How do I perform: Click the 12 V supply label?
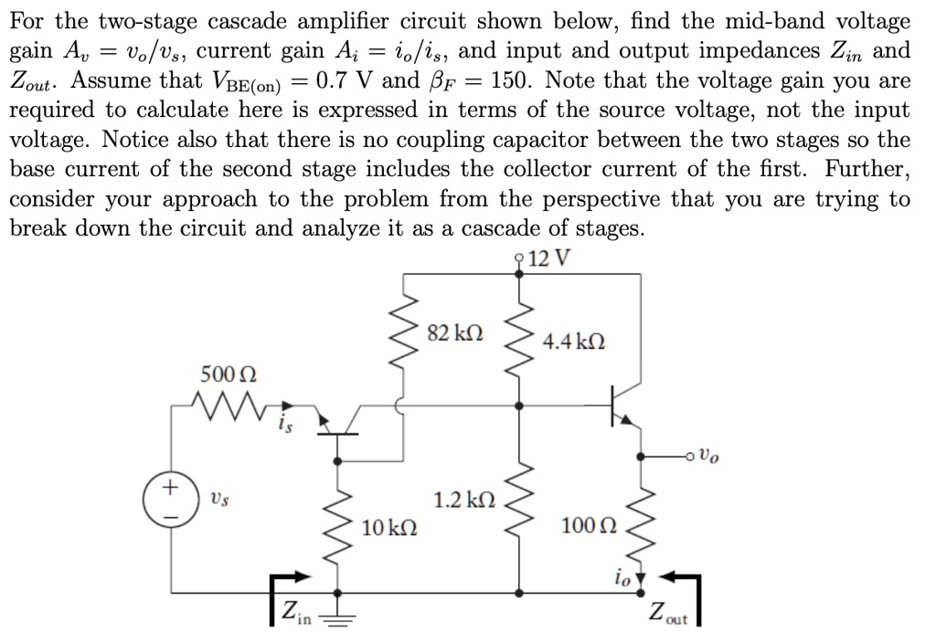tap(548, 258)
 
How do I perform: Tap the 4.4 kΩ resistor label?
tap(573, 343)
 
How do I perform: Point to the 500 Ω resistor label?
tap(229, 374)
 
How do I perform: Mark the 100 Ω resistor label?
tap(590, 527)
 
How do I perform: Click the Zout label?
tap(668, 611)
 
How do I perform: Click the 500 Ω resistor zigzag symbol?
tap(229, 401)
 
